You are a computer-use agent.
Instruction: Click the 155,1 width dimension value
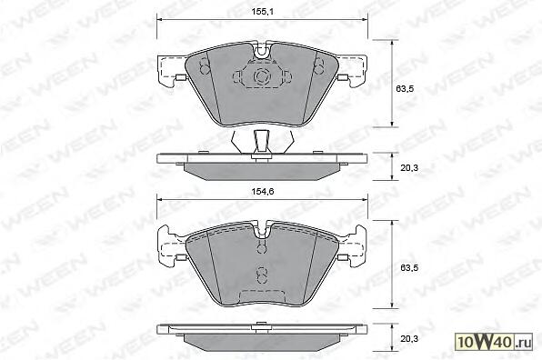point(262,12)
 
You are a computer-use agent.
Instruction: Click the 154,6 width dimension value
point(262,192)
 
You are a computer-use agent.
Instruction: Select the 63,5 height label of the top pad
point(405,88)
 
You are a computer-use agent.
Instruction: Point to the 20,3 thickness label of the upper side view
point(409,168)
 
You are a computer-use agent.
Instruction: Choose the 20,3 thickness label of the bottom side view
point(409,338)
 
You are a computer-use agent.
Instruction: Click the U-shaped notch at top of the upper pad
point(262,50)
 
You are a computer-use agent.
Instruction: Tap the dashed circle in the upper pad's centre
point(261,76)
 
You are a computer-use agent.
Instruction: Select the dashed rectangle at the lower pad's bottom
point(262,295)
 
